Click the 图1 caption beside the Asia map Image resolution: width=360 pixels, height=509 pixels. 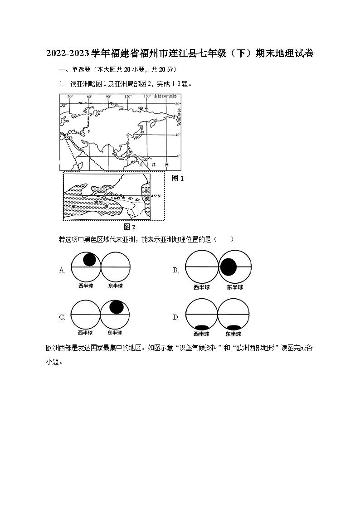click(x=178, y=179)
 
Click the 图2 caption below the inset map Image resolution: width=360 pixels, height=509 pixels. click(x=130, y=227)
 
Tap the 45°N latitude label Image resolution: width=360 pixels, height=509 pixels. click(x=156, y=196)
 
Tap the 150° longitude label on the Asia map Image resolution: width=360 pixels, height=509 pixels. click(x=147, y=97)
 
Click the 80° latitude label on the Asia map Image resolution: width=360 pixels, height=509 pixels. click(x=178, y=104)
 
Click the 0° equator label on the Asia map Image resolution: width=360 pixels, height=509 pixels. click(x=178, y=156)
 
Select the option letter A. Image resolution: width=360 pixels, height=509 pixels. click(x=62, y=270)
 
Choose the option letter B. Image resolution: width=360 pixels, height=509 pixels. click(x=176, y=270)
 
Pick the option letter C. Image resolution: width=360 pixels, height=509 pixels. click(x=62, y=317)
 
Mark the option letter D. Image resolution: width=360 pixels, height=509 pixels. click(x=176, y=317)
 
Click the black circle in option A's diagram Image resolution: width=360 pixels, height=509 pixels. click(x=89, y=259)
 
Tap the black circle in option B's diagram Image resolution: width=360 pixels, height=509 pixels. click(x=229, y=267)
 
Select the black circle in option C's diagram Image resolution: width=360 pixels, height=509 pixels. click(x=117, y=307)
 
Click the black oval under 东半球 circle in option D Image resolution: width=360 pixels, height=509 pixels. click(x=234, y=327)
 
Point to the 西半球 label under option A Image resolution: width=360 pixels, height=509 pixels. click(x=86, y=286)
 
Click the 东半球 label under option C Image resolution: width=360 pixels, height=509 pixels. click(x=115, y=333)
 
